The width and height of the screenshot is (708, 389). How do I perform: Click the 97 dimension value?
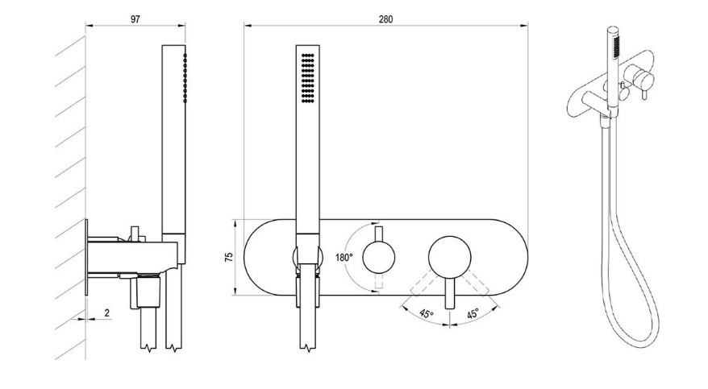[135, 19]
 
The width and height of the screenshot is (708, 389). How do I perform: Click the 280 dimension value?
[385, 19]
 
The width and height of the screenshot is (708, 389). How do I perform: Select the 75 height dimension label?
[229, 258]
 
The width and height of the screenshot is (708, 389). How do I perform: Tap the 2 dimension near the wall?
[107, 312]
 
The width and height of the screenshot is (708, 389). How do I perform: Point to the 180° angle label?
[344, 258]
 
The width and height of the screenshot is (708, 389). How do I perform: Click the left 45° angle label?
[427, 313]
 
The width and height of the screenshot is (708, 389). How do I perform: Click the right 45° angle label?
[473, 313]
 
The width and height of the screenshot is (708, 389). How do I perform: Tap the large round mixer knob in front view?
[449, 258]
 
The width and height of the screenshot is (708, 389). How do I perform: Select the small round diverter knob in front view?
[379, 258]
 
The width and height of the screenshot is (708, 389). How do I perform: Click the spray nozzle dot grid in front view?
[307, 77]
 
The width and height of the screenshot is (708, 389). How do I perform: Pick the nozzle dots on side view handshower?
[185, 77]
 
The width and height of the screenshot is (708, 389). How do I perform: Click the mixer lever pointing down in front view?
[449, 293]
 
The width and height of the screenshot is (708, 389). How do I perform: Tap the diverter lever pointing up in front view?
[379, 234]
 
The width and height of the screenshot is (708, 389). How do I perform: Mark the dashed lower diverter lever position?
[379, 280]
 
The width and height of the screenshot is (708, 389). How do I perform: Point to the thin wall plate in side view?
[86, 258]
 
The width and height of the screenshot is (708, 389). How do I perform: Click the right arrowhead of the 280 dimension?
[524, 26]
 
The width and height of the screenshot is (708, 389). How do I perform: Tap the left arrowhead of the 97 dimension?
[90, 26]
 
